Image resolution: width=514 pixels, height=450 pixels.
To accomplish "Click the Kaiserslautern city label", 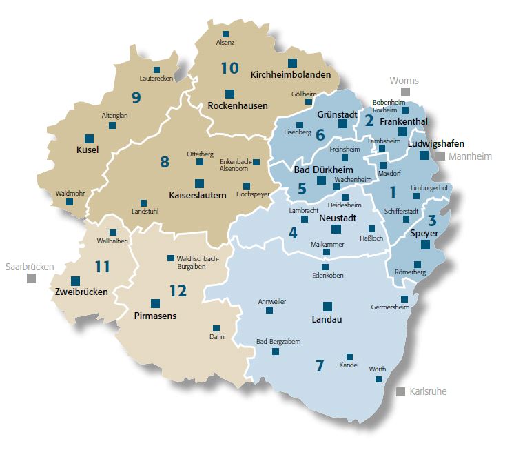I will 198,196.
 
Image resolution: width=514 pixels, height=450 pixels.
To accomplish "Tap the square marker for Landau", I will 327,306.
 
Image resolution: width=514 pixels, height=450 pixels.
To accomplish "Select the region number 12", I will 178,291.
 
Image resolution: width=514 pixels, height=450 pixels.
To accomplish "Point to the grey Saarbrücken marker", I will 31,278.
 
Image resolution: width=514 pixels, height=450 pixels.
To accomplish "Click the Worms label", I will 404,81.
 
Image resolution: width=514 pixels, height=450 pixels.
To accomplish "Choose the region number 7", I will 319,366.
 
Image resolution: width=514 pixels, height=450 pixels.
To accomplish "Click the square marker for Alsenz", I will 225,34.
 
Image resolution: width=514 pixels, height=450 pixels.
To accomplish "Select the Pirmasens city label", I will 155,316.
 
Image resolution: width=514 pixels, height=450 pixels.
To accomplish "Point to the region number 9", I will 136,98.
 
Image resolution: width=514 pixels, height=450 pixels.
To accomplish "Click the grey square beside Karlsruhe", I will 400,391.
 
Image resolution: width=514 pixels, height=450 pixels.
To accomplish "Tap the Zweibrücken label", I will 81,292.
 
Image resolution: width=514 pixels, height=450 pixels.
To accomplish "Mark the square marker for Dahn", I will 216,328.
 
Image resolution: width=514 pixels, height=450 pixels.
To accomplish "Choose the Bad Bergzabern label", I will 278,341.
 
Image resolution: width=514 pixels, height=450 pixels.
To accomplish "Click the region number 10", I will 229,68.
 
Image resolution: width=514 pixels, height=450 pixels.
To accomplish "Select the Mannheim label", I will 470,156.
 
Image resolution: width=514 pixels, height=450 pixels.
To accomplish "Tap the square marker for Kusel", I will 89,139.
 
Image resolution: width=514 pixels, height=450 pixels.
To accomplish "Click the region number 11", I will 102,266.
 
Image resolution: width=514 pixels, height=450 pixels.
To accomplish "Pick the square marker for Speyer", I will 425,245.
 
